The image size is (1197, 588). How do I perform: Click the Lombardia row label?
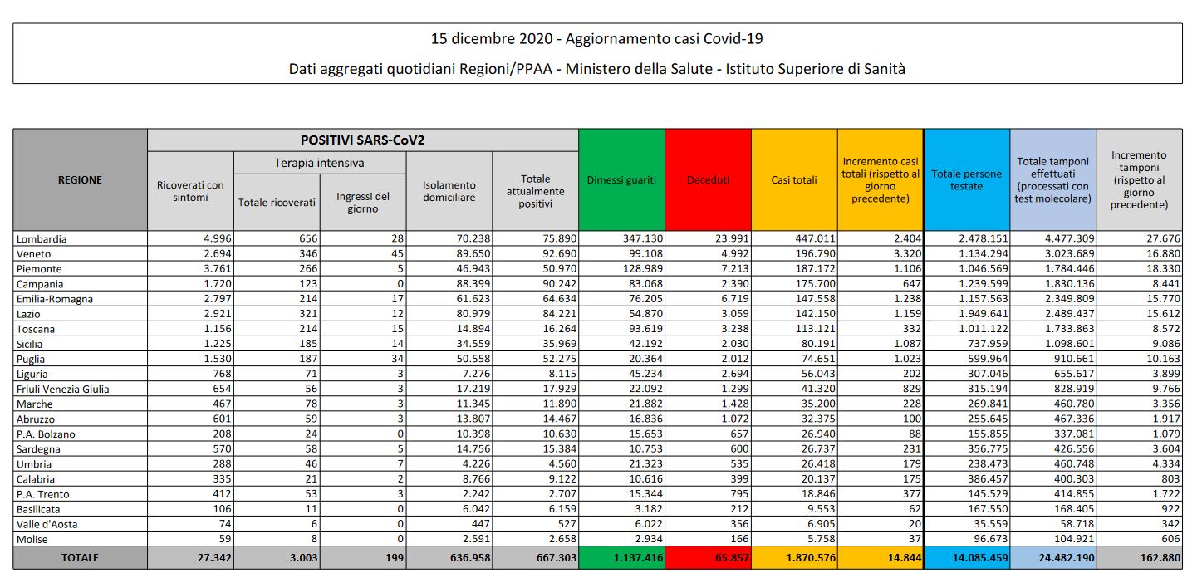tap(41, 239)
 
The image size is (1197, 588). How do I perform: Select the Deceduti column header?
tap(708, 180)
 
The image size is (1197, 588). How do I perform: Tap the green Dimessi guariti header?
tap(621, 180)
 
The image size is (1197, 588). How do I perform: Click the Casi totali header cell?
tap(794, 180)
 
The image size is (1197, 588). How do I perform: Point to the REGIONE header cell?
tap(81, 180)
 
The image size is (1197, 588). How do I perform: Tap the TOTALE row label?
tap(81, 558)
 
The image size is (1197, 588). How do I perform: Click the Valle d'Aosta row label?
tap(47, 524)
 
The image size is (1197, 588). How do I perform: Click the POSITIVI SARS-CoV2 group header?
tap(363, 140)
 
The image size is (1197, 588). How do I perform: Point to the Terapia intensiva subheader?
tap(319, 163)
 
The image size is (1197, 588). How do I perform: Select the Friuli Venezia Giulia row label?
tap(63, 390)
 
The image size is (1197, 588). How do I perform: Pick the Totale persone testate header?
tap(967, 180)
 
